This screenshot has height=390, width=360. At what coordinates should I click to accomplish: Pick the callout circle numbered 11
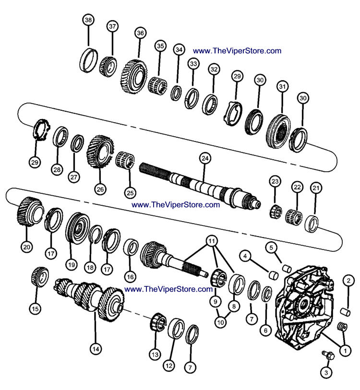(x=212, y=239)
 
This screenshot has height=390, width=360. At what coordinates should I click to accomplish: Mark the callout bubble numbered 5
(x=271, y=248)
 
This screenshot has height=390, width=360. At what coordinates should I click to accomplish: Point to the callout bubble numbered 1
(x=343, y=351)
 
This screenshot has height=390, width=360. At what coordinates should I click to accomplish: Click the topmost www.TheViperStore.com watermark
(x=237, y=50)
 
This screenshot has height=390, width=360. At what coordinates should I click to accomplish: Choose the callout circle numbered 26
(x=100, y=189)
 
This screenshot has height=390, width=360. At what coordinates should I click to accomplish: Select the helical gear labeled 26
(x=99, y=150)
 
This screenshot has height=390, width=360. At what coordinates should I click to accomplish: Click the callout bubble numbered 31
(x=282, y=87)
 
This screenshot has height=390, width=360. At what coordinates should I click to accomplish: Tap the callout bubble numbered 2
(x=348, y=280)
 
